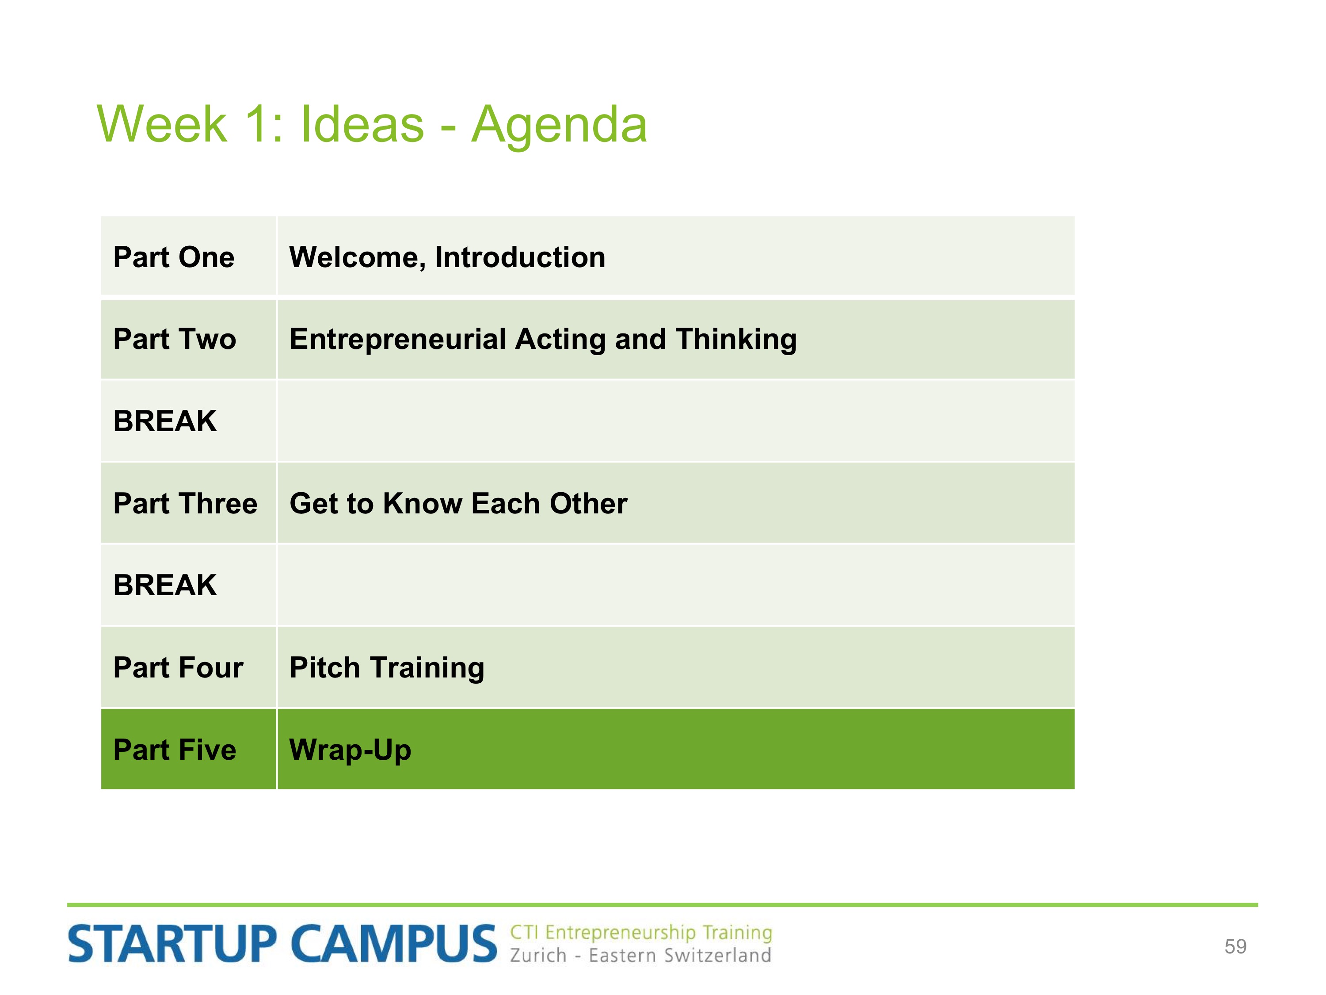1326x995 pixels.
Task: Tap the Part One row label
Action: (x=174, y=257)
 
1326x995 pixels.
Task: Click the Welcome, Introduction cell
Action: (x=447, y=258)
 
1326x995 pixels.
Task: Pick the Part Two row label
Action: (x=175, y=339)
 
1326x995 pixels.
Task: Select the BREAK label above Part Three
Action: (x=165, y=421)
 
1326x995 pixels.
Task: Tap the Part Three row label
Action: (x=185, y=503)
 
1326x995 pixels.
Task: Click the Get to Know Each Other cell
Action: (x=459, y=503)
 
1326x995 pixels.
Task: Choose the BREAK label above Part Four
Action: (x=165, y=586)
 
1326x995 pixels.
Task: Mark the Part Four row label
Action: (x=178, y=667)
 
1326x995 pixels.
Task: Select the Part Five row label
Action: (x=175, y=750)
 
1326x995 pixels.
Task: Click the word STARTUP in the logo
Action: (x=172, y=943)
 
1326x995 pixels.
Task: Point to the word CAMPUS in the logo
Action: (x=394, y=943)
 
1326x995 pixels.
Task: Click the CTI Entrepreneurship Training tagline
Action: (x=641, y=933)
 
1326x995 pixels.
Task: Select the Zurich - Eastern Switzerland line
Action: (x=640, y=955)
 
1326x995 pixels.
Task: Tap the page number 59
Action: (x=1235, y=946)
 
